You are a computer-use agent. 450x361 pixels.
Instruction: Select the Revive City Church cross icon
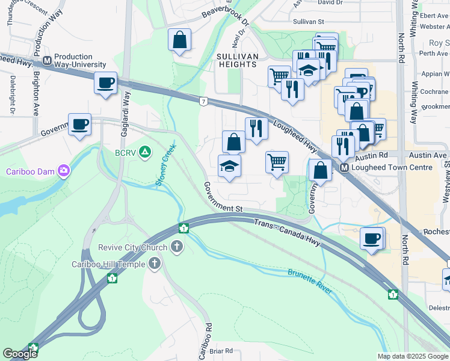[x=177, y=245]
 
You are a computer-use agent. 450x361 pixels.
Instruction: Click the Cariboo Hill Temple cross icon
[x=155, y=264]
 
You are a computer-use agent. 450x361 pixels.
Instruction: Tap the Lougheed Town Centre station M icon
[x=345, y=168]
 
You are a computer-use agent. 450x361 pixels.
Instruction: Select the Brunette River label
[x=309, y=281]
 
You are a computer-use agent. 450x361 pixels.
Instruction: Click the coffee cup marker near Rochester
[x=371, y=238]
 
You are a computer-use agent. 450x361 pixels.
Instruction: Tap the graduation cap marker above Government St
[x=229, y=165]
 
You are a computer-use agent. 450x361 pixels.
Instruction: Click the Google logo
[x=20, y=354]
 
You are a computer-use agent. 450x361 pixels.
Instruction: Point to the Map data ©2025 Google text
[x=412, y=356]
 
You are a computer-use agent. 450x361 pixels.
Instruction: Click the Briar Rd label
[x=221, y=351]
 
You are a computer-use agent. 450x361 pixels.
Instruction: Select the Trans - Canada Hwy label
[x=287, y=233]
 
